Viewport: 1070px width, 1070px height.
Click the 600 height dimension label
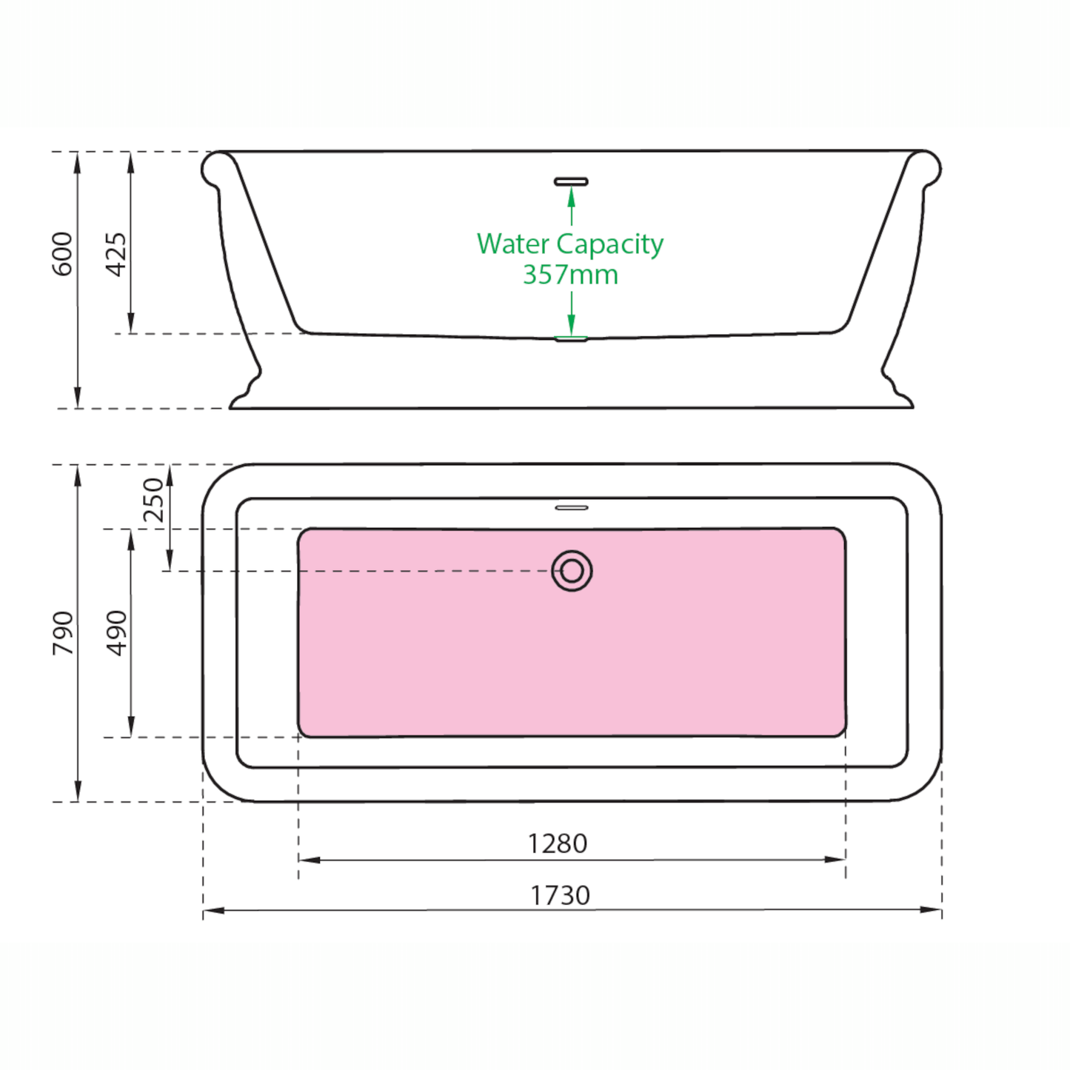point(62,254)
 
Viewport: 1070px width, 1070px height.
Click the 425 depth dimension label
point(116,254)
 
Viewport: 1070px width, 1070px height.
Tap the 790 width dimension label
point(62,633)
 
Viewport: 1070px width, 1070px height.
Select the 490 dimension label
point(116,633)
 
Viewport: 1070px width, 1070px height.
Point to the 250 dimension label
point(154,500)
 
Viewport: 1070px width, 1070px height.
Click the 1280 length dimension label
point(557,844)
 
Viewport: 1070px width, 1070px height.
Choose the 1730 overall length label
point(560,896)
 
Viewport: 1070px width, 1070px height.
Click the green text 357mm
point(570,274)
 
